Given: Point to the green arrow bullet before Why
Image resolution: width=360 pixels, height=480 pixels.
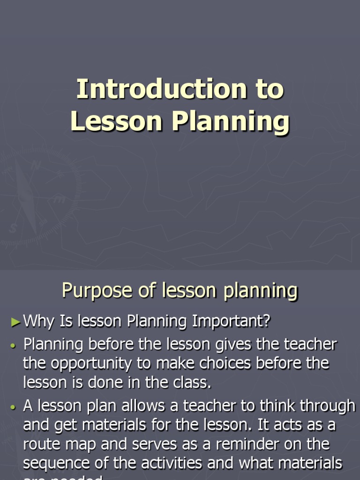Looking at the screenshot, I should click(16, 322).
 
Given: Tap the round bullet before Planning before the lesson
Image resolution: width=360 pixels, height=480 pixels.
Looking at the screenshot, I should click(13, 345).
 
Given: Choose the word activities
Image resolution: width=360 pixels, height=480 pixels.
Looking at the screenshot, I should click(195, 463).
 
